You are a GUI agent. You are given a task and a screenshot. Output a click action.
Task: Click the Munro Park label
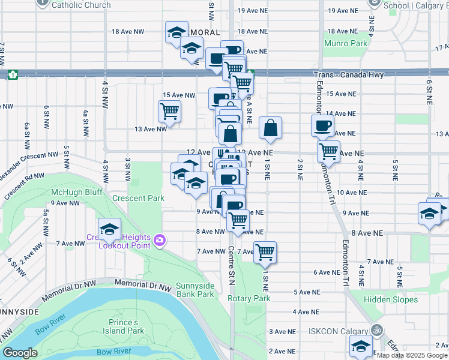pos(345,43)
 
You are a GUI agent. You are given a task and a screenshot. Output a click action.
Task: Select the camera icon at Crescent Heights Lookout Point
pos(160,241)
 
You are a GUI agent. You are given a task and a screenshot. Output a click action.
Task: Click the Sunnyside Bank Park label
pos(195,290)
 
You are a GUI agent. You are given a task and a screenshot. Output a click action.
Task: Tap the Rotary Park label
pos(249,298)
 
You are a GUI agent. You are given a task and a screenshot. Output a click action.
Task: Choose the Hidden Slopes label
pos(390,299)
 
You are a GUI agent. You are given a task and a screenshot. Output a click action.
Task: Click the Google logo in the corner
pos(20,353)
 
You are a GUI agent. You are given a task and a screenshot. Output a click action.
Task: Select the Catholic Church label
pos(81,5)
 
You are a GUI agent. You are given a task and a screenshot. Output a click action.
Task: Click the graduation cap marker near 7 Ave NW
pos(109,229)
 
